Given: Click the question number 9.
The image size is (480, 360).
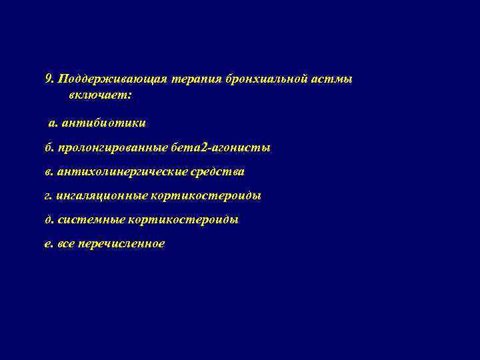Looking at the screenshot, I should click(49, 79).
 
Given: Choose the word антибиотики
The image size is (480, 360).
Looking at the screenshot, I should click(102, 123).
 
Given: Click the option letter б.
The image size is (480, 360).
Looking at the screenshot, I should click(47, 147).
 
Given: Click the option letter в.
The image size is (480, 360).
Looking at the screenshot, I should click(47, 172).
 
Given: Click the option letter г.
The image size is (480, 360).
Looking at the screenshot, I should click(47, 196).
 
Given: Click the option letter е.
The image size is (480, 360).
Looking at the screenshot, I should click(47, 244).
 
